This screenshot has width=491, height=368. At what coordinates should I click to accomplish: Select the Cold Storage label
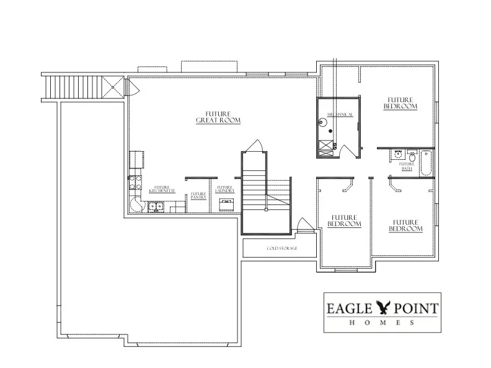[282, 248]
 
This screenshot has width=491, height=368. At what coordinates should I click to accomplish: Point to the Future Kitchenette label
[163, 189]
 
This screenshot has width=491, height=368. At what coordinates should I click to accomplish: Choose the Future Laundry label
[224, 189]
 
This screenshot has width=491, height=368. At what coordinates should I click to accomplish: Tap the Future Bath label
[407, 166]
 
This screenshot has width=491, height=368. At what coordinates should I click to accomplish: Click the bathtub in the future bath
[425, 163]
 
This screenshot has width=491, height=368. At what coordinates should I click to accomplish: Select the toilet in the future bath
[412, 156]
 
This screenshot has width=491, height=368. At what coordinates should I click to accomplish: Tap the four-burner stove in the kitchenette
[134, 182]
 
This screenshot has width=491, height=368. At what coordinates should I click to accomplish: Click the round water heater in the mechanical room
[322, 122]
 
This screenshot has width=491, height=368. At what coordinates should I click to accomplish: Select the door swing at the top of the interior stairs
[255, 146]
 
